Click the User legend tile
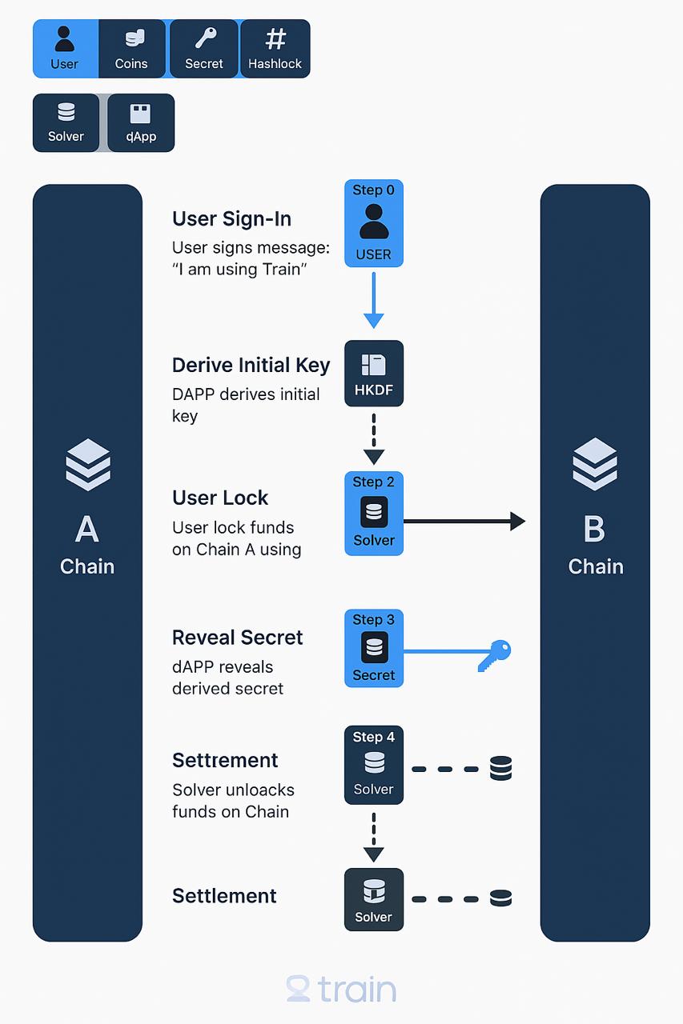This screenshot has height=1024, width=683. coord(66,49)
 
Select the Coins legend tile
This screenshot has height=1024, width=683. coord(132,49)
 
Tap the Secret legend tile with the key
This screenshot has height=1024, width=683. coord(204,49)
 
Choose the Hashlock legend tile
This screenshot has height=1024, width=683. coord(275,49)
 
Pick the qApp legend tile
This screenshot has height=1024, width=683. coord(141,122)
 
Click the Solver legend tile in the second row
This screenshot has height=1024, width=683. coord(66,122)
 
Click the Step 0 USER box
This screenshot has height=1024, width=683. coord(374,223)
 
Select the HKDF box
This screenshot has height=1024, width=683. coord(374,373)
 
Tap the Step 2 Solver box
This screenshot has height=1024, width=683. coord(374,514)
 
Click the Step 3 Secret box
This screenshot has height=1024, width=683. coord(374,648)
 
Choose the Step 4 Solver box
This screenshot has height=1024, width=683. coord(374,765)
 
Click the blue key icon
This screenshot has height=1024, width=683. coord(495,655)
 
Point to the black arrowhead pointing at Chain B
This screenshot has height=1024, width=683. coord(518,521)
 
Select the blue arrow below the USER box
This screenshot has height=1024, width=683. coord(374,300)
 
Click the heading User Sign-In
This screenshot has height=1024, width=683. coord(231,219)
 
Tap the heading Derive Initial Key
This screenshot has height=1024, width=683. coord(251,366)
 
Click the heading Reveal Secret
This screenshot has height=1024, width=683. coord(238,638)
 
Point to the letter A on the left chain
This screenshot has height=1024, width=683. coord(87,529)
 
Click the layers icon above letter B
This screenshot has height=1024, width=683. coord(595,464)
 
